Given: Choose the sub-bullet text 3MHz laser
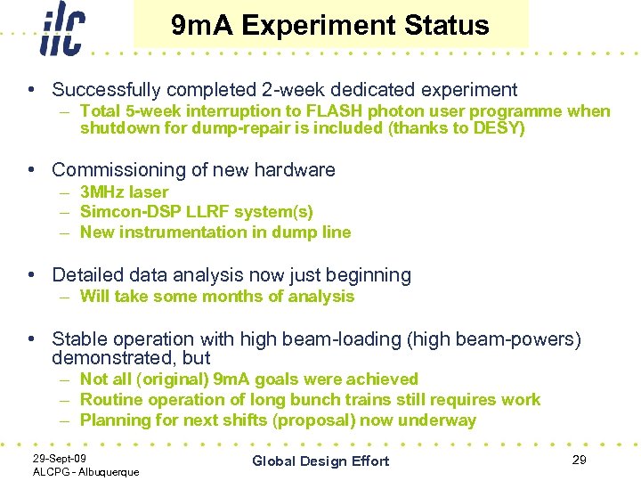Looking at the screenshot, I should coord(124,192).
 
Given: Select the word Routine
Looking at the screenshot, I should coord(110,400).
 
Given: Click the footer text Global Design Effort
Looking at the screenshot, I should coord(320,461).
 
